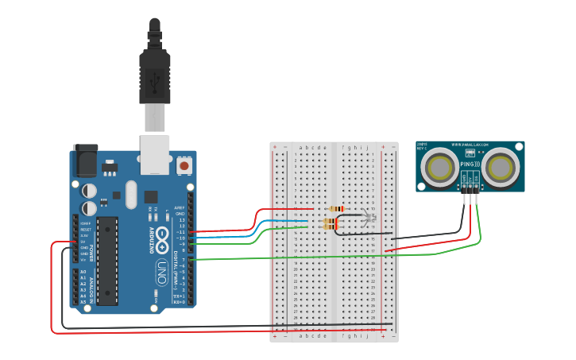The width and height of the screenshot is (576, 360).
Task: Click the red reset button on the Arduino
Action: [184, 165]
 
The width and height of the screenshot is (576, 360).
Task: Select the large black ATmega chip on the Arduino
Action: [107, 260]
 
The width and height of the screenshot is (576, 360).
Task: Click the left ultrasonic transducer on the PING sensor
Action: [439, 168]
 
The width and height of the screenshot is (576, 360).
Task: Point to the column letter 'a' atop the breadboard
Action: [298, 147]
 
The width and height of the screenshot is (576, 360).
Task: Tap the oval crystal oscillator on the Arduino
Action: [130, 194]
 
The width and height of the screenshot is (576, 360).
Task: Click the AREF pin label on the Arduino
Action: [180, 209]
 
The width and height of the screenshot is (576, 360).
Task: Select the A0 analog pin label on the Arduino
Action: [83, 272]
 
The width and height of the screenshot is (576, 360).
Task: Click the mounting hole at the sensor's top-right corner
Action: [520, 146]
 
